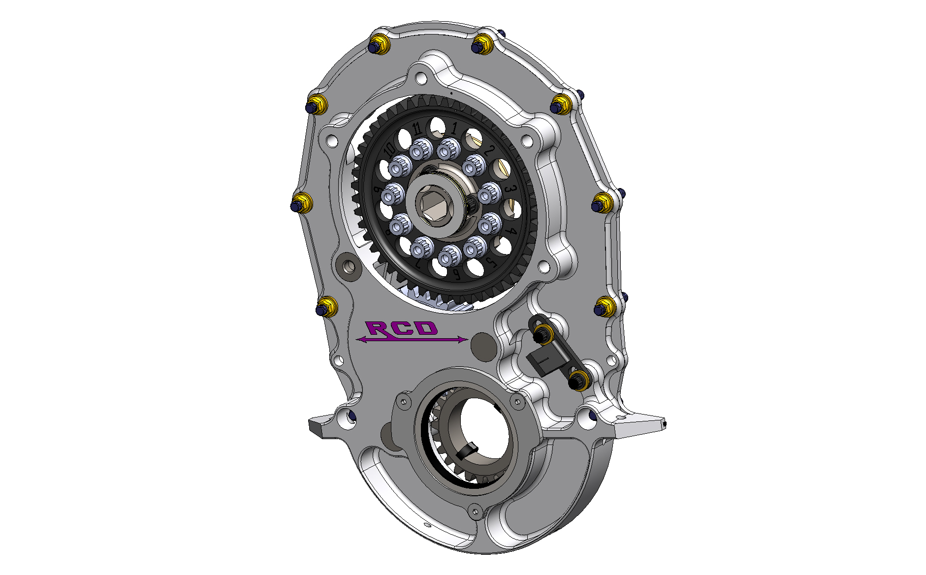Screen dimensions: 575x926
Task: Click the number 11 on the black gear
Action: [417, 129]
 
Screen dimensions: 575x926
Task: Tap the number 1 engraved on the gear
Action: [454, 128]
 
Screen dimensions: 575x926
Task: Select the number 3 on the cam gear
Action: [511, 190]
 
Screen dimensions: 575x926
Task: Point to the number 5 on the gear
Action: [490, 261]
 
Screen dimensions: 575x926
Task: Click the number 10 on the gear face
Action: [389, 148]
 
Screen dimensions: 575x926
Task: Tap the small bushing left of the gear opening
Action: [349, 267]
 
